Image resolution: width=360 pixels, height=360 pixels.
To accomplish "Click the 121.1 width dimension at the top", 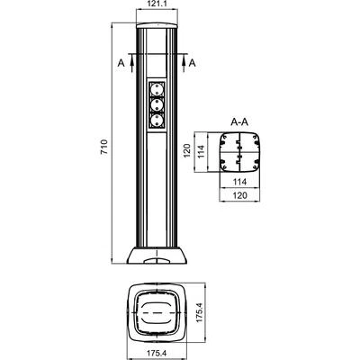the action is [x=157, y=4].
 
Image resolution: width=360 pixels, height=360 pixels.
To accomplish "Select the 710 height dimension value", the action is [x=103, y=147].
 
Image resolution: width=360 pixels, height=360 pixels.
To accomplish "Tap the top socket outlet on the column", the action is [x=157, y=89].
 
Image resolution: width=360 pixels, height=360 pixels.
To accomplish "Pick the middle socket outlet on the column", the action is [x=157, y=104].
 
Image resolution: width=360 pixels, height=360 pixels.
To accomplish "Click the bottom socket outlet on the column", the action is [x=157, y=121].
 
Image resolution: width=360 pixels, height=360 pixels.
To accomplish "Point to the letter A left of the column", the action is [x=121, y=63].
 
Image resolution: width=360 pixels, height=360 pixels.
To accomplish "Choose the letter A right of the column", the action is [x=193, y=63].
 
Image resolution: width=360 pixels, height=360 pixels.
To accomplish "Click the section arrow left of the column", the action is [x=131, y=63].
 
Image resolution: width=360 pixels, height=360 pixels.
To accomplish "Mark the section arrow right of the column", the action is [x=184, y=63].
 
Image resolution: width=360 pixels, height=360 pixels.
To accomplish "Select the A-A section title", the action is [x=239, y=122].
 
